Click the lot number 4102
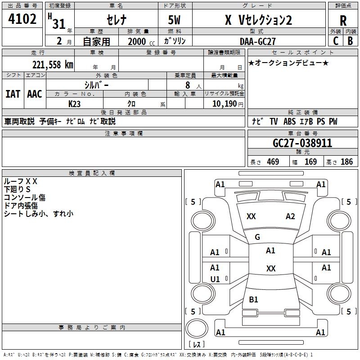pyautogui.click(x=22, y=19)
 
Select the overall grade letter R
pyautogui.click(x=343, y=21)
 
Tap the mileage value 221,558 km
pyautogui.click(x=53, y=65)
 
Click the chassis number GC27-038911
pyautogui.click(x=302, y=143)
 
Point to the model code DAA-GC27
pyautogui.click(x=257, y=41)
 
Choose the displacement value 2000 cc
pyautogui.click(x=141, y=41)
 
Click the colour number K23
pyautogui.click(x=74, y=104)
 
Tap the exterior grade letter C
pyautogui.click(x=336, y=41)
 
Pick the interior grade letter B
pyautogui.click(x=350, y=41)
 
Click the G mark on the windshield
pyautogui.click(x=257, y=237)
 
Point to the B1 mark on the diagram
pyautogui.click(x=253, y=299)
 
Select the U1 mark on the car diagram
pyautogui.click(x=215, y=279)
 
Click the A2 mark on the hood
pyautogui.click(x=290, y=216)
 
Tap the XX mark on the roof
pyautogui.click(x=271, y=268)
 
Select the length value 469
pyautogui.click(x=273, y=162)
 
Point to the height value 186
pyautogui.click(x=346, y=162)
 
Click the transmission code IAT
pyautogui.click(x=13, y=94)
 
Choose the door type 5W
pyautogui.click(x=175, y=20)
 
